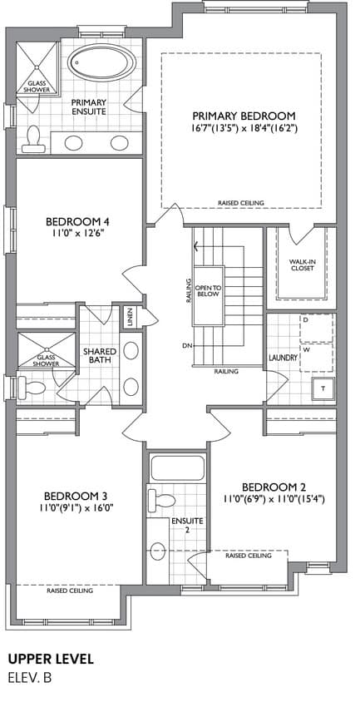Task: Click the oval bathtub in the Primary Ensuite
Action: (x=101, y=62)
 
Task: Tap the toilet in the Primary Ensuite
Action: (x=33, y=140)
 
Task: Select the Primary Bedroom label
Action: (x=244, y=115)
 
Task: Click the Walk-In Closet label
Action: (x=302, y=265)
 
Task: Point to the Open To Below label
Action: (x=207, y=290)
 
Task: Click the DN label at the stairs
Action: (x=187, y=346)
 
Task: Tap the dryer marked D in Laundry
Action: (x=318, y=329)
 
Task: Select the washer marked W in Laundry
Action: (x=318, y=357)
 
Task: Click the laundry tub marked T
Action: (x=323, y=388)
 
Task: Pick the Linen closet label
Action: (x=131, y=319)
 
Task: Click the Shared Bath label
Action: (x=100, y=356)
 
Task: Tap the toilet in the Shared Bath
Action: (x=31, y=388)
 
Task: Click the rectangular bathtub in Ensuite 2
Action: (x=178, y=468)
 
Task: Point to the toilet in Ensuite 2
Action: (x=161, y=500)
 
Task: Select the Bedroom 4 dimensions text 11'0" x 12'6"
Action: (x=78, y=233)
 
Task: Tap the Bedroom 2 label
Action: (x=274, y=487)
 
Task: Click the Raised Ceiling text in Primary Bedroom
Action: (x=241, y=203)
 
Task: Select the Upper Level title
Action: (x=51, y=660)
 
